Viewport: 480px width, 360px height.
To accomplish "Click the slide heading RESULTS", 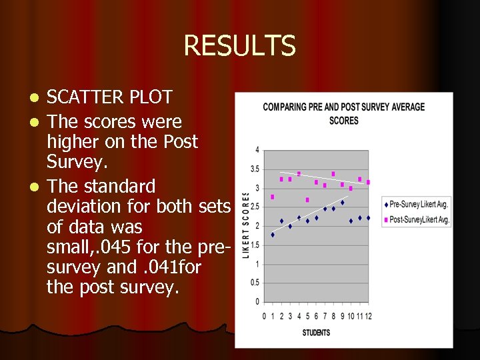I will point(239,46).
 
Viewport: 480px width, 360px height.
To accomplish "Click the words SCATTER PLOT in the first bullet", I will point(109,97).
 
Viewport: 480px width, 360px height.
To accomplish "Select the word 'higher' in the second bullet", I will point(71,142).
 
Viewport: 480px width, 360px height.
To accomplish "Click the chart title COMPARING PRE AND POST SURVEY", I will point(343,107).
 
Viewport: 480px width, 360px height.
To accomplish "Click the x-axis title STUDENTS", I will point(316,333).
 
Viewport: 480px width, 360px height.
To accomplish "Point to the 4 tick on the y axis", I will point(257,150).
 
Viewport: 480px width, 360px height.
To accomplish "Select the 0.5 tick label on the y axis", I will point(255,283).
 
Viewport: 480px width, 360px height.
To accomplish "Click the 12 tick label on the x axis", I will point(367,315).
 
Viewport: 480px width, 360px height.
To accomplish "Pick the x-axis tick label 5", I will point(307,315).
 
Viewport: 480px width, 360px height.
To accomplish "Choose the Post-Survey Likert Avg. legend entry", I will point(419,219).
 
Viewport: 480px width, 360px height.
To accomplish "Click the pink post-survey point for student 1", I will point(273,197).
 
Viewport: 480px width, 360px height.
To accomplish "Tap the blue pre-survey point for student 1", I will point(273,235).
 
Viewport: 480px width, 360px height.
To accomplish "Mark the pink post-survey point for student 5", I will point(307,199).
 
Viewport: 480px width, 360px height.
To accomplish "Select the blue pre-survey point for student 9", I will point(342,202).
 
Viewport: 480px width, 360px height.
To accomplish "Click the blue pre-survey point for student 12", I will point(368,217).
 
